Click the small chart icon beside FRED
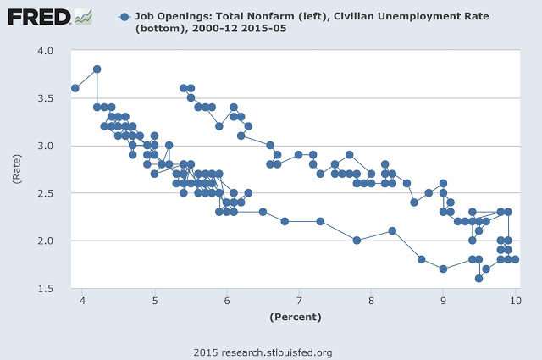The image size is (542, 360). coord(83,16)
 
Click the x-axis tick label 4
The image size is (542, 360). coord(83,301)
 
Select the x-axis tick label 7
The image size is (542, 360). coord(299,301)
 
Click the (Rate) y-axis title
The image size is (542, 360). coord(14,169)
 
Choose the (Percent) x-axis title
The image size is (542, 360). coord(296,318)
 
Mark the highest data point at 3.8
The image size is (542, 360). coord(97,69)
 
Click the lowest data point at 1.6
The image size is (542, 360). coord(478,278)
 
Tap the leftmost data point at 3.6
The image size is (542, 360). coord(75,88)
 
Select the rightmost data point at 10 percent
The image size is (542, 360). coord(515,259)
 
